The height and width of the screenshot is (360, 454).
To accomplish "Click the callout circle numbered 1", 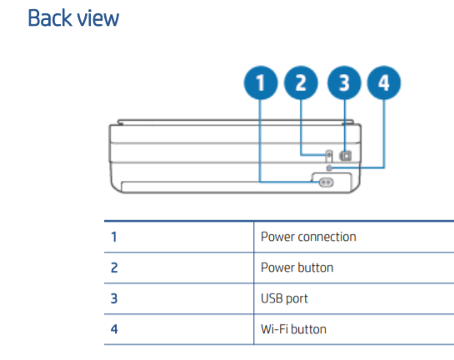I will tap(260, 84).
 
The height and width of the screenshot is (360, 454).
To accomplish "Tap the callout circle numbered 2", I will tap(301, 84).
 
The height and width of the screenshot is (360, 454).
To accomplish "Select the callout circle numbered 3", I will tap(342, 84).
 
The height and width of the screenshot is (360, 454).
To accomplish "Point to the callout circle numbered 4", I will tap(383, 84).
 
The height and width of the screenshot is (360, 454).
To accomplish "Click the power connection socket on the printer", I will tap(326, 182).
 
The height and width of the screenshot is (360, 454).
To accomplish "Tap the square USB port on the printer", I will tap(347, 155).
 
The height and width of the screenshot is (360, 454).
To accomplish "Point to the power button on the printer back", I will tap(328, 155).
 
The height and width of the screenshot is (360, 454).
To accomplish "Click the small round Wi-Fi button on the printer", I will tap(331, 167).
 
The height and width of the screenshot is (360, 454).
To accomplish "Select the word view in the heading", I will tap(98, 17).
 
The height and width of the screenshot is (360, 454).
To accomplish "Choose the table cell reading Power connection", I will tap(308, 237).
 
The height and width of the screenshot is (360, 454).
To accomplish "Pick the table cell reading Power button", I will tap(297, 267).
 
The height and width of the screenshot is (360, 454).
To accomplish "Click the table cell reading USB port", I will tap(285, 298).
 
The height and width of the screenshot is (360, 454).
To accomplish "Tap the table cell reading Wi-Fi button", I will tap(293, 329).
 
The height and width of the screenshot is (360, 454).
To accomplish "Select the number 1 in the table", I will tap(114, 237).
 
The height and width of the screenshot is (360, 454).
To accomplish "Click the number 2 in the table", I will tap(114, 267).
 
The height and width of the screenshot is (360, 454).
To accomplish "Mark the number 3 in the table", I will tap(114, 298).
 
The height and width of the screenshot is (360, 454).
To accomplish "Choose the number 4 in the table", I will tap(114, 329).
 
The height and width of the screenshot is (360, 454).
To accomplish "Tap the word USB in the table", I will tap(272, 298).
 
